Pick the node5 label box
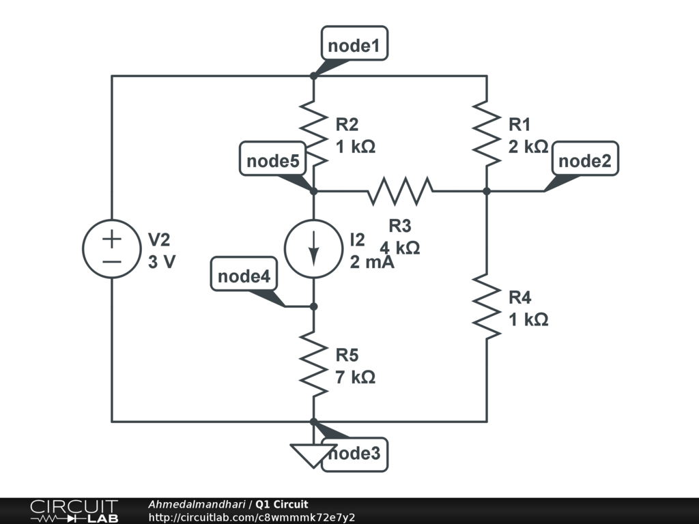coord(272,161)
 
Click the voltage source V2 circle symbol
coord(112,249)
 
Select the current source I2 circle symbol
coord(314,248)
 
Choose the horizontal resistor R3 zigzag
coord(400,192)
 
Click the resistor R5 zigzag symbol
coord(314,364)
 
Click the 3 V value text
coord(162,261)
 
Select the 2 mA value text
coord(372,261)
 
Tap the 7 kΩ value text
coord(355,377)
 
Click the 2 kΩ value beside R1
coord(528,147)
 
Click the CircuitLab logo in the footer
coord(74,511)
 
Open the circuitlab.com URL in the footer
coord(251,518)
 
